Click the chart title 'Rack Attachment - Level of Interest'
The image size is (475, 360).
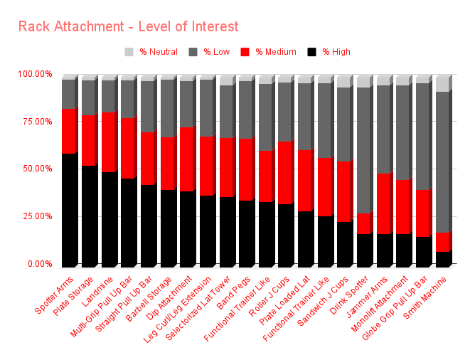pos(128,27)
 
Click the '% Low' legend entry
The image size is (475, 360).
pos(210,52)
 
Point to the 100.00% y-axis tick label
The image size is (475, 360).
pos(35,74)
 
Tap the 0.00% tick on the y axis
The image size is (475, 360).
pos(39,264)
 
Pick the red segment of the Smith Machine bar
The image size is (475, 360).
pos(442,242)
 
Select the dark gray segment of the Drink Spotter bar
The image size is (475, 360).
pos(363,150)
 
